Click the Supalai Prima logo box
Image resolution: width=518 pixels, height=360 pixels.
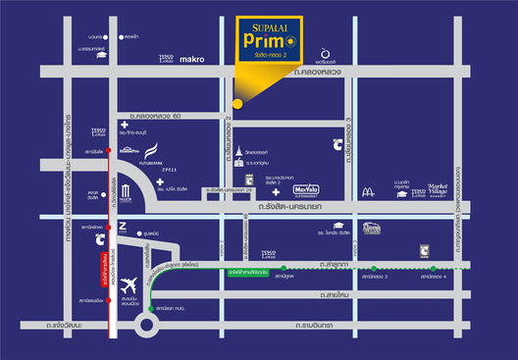point(275,46)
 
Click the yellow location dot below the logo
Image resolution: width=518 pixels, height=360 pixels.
point(235,103)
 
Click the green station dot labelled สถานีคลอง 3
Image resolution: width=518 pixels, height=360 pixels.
point(372,268)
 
